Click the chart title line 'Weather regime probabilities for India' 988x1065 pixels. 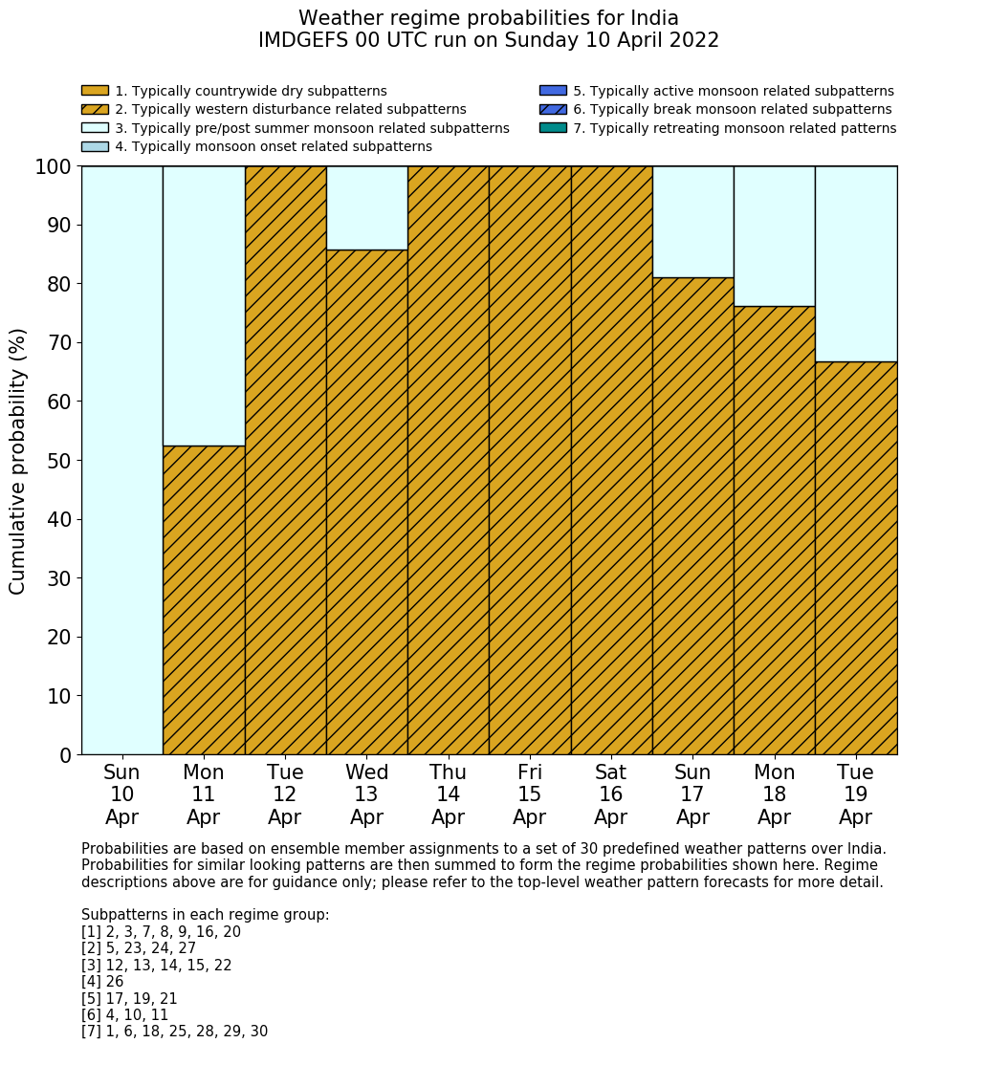click(x=488, y=19)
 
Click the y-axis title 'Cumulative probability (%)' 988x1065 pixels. click(x=18, y=461)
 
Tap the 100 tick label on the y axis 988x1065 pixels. click(x=54, y=167)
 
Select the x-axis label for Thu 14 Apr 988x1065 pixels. click(x=448, y=794)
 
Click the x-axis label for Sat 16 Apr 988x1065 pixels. click(x=610, y=794)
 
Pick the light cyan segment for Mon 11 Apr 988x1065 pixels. click(x=204, y=306)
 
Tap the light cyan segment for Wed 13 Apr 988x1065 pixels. click(x=366, y=207)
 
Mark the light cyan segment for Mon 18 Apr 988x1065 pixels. click(x=774, y=236)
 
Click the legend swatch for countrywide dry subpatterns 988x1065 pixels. click(x=95, y=91)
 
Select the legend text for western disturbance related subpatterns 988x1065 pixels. click(x=291, y=110)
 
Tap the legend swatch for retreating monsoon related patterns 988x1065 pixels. click(x=553, y=128)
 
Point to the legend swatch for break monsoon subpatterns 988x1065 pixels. click(x=553, y=110)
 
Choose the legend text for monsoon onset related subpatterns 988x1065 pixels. click(x=274, y=146)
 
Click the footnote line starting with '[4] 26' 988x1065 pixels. click(x=102, y=982)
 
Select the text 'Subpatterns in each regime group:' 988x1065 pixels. click(x=206, y=915)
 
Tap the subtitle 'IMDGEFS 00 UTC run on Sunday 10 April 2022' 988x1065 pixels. click(x=488, y=41)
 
